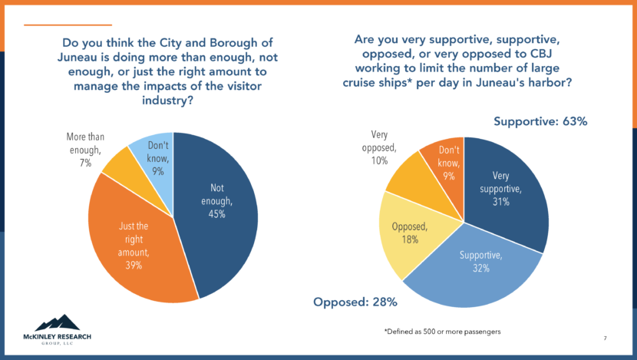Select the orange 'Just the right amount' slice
click(134, 246)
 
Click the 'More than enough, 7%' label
click(84, 150)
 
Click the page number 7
click(605, 339)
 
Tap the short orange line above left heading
click(58, 25)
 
